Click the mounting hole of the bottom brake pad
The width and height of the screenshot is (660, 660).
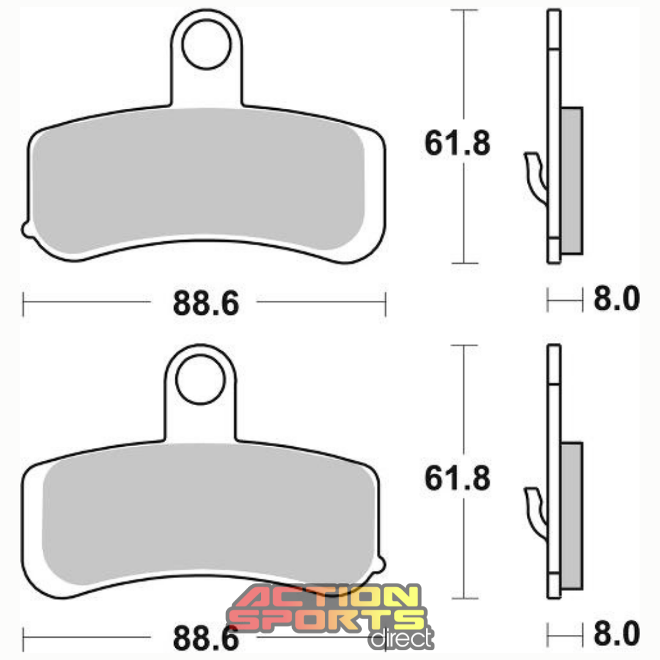[x=200, y=381]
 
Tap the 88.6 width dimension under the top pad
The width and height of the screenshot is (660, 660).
[x=205, y=302]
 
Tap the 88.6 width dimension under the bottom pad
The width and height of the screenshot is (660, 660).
[x=205, y=638]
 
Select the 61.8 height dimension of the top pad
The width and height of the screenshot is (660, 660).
[x=457, y=144]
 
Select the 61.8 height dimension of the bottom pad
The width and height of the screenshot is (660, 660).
[x=457, y=479]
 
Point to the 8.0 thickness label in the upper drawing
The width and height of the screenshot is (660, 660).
[x=617, y=300]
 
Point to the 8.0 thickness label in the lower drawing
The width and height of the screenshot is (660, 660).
[x=617, y=634]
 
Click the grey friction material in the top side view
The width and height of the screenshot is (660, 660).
[x=571, y=180]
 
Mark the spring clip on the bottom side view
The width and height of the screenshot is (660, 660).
[x=536, y=513]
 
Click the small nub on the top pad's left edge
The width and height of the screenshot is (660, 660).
[x=26, y=229]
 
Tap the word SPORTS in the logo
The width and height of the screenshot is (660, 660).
[x=327, y=620]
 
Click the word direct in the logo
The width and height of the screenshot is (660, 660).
[x=401, y=638]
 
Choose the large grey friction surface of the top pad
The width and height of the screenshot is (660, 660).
[x=199, y=186]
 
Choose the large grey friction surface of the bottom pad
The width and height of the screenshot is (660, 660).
[x=208, y=519]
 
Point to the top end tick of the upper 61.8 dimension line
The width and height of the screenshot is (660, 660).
[x=464, y=10]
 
